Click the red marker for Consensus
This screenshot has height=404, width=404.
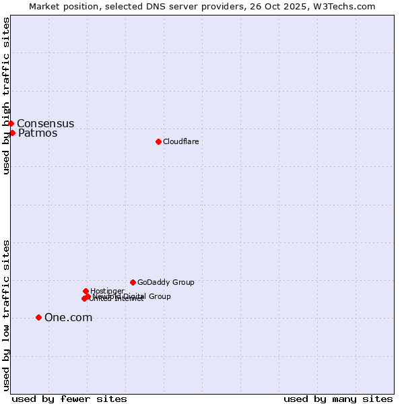pos(11,123)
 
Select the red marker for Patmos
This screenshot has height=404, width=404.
pos(12,133)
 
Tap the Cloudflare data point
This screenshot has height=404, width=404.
pos(158,141)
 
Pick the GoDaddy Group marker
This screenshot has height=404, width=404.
pos(133,282)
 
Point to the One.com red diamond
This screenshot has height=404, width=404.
pos(38,317)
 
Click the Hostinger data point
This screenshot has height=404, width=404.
pos(86,291)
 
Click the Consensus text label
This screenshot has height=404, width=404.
pos(46,124)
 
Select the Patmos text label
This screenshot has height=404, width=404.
pos(38,133)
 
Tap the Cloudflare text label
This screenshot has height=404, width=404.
pos(180,141)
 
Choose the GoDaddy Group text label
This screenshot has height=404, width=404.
pos(166,283)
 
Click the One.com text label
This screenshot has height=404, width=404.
pos(68,318)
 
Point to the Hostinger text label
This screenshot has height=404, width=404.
pos(107,291)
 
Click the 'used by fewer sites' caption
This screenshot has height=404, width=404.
pos(69,399)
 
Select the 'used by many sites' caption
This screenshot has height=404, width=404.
pos(338,399)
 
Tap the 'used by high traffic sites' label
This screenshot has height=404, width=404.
pos(6,96)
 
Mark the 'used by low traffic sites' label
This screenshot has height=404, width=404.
pos(6,314)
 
